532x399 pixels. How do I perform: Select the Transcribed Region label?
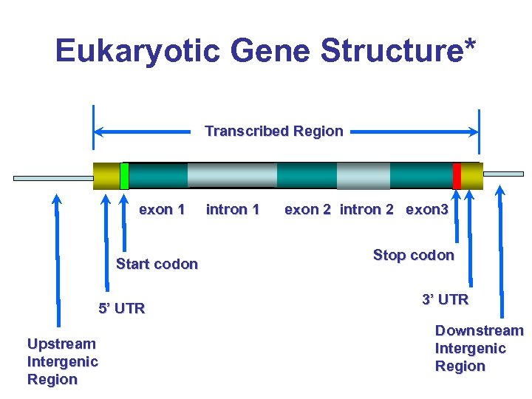coord(273,132)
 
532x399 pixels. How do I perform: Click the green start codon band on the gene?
coord(124,176)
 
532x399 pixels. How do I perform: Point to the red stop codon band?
coord(457,176)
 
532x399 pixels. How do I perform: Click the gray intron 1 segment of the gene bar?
coord(231,176)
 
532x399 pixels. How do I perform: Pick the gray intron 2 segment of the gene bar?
coord(363,176)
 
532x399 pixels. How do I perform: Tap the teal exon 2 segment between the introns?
coord(307,176)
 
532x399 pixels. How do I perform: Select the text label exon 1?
coord(162,210)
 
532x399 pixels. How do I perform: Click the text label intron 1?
coord(233,210)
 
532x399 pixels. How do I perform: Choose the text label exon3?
coord(427,210)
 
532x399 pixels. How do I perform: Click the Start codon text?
coord(157,265)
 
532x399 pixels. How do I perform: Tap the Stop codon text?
coord(413,256)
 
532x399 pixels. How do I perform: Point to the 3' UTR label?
coord(445,300)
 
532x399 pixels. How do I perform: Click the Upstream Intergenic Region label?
coord(62,361)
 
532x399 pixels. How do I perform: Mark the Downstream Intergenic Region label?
coord(479,348)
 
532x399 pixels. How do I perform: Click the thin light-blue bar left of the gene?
coord(53,178)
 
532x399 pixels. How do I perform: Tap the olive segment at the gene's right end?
coord(471,176)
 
